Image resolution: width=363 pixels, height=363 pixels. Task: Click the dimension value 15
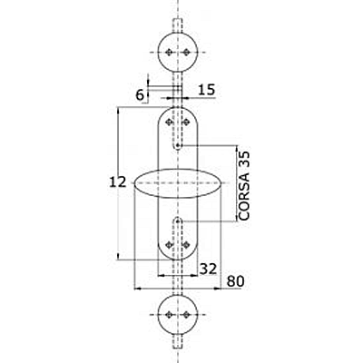point(207,90)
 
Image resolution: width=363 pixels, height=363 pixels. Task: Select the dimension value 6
point(140,95)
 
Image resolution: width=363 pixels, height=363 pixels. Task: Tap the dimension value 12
point(117,182)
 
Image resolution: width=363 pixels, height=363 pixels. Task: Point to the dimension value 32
point(209,269)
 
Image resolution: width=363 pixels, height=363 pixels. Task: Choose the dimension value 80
point(235,281)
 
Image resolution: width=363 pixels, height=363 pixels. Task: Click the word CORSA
point(244,196)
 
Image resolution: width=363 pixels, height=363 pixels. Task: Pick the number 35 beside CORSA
point(244,159)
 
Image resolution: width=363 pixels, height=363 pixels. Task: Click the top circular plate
point(178,52)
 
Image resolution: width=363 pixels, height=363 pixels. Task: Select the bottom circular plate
point(178,315)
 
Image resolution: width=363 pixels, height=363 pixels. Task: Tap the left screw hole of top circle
point(170,53)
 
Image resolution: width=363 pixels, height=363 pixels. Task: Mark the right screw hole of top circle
point(186,53)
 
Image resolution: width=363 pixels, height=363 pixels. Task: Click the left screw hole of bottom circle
point(170,315)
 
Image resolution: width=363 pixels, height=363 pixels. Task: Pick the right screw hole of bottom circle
point(186,315)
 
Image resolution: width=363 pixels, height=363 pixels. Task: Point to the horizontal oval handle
point(178,183)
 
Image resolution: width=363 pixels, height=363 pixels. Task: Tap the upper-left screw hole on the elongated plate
point(170,122)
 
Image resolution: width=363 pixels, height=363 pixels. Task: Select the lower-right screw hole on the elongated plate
point(186,245)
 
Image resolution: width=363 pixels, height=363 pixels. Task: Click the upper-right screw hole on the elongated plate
point(186,122)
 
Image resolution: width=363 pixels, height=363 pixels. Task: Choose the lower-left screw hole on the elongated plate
point(170,245)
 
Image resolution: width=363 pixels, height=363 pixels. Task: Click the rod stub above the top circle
point(178,25)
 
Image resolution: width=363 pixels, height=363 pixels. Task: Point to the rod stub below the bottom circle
point(178,341)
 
